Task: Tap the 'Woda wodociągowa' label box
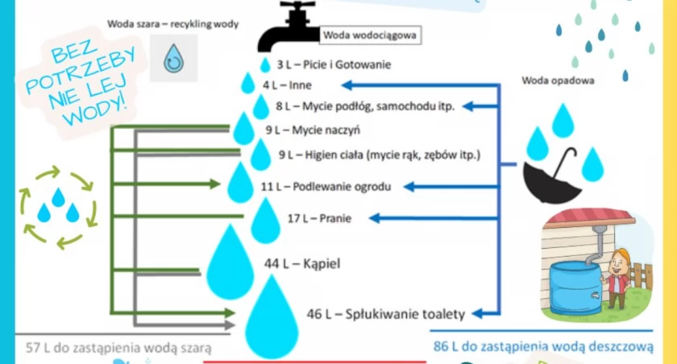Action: click(x=370, y=35)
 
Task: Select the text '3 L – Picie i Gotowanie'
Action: click(x=334, y=64)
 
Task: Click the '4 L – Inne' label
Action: click(x=287, y=85)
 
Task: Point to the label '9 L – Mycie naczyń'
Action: click(x=313, y=130)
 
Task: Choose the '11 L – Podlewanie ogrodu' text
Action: click(x=326, y=187)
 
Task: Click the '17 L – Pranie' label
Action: click(x=319, y=218)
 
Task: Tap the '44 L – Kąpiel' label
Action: click(x=302, y=263)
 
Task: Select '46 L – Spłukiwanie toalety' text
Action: click(x=386, y=314)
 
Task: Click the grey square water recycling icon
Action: click(x=173, y=58)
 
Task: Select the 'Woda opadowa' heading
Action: click(x=558, y=81)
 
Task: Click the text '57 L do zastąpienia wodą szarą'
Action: click(x=118, y=348)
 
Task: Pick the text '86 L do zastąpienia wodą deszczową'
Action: click(x=543, y=346)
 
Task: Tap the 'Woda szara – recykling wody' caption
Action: click(x=172, y=24)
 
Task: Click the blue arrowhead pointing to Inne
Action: click(x=347, y=85)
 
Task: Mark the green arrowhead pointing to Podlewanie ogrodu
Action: click(x=215, y=184)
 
